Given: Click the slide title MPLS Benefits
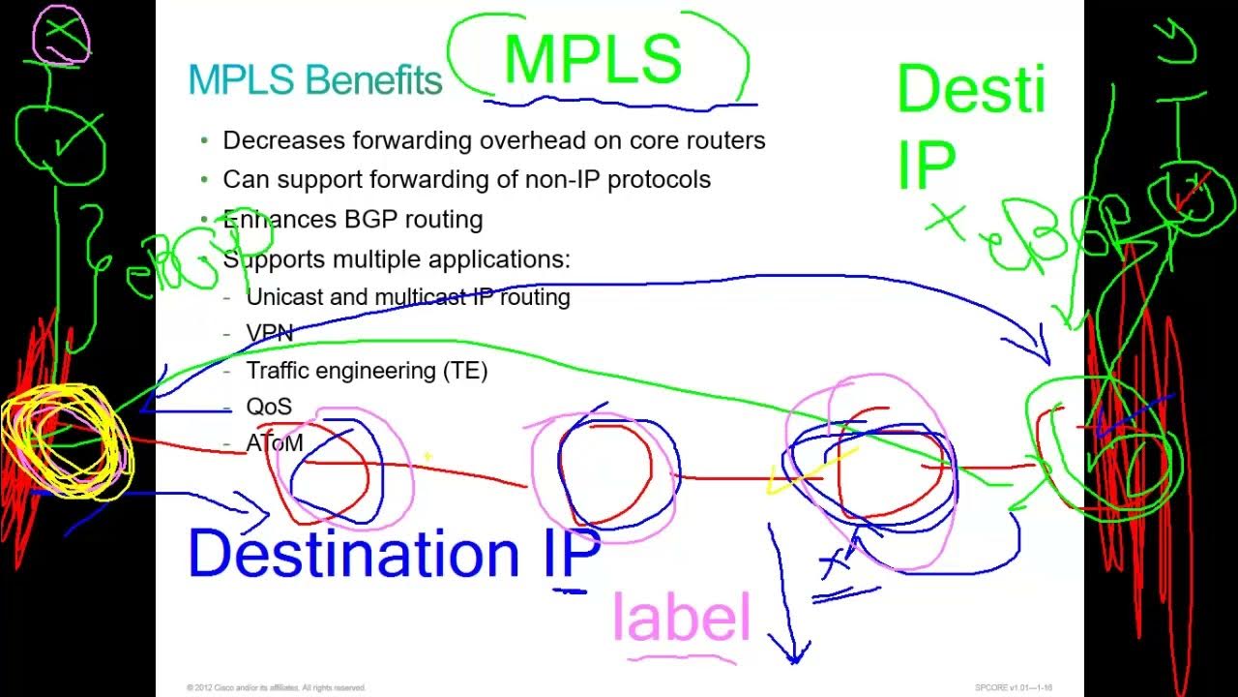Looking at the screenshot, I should pyautogui.click(x=314, y=79).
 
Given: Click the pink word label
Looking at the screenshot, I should pyautogui.click(x=682, y=618).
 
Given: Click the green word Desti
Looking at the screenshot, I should pyautogui.click(x=970, y=89).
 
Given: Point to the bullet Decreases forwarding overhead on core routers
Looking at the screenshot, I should pyautogui.click(x=493, y=140).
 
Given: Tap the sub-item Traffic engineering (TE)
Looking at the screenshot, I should pyautogui.click(x=367, y=371).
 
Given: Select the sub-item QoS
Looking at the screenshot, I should pyautogui.click(x=268, y=407).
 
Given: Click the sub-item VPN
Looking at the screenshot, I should pyautogui.click(x=269, y=333).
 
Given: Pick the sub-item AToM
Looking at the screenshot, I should pyautogui.click(x=275, y=443).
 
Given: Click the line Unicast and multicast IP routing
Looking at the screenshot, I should pyautogui.click(x=407, y=297).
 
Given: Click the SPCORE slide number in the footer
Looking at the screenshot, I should pyautogui.click(x=1013, y=687).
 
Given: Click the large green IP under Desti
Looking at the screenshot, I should pyautogui.click(x=926, y=165).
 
